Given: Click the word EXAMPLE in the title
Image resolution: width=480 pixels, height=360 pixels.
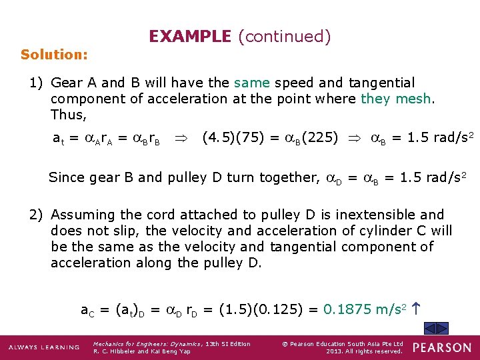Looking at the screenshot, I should pyautogui.click(x=189, y=36).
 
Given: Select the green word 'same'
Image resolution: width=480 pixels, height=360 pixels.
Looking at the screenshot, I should pyautogui.click(x=252, y=83).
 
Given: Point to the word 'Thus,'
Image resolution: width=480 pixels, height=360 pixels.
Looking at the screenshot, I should pyautogui.click(x=69, y=115).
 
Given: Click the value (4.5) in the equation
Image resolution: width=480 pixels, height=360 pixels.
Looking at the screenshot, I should pyautogui.click(x=217, y=139).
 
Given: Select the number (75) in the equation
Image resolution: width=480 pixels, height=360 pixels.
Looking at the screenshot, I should pyautogui.click(x=245, y=139).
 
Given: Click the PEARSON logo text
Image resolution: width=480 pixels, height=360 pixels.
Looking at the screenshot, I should pyautogui.click(x=442, y=347).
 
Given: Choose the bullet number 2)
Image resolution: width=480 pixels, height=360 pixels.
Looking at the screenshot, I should pyautogui.click(x=37, y=215).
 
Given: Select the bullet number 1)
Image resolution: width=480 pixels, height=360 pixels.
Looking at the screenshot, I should pyautogui.click(x=37, y=83).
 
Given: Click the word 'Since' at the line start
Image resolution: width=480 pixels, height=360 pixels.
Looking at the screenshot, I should pyautogui.click(x=66, y=177).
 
